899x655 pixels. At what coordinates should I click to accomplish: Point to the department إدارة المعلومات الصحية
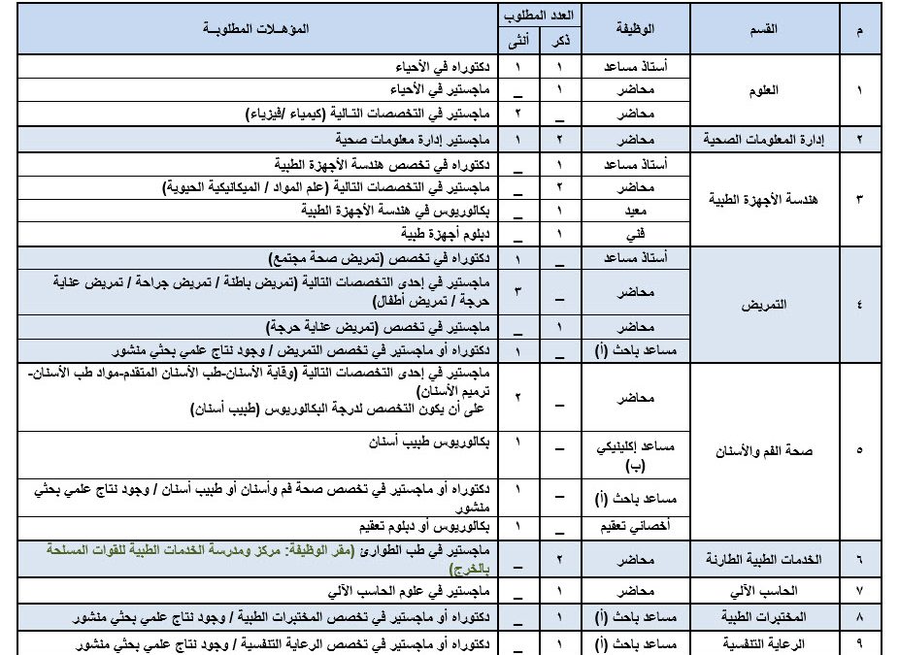770,139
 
